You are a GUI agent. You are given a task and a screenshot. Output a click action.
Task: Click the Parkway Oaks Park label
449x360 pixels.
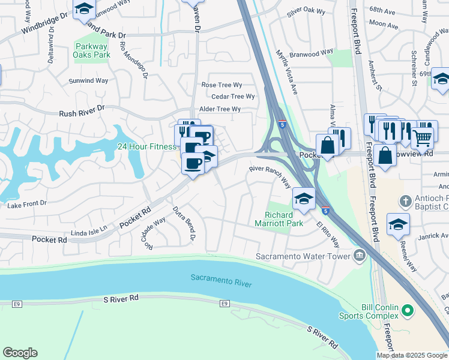click(91, 50)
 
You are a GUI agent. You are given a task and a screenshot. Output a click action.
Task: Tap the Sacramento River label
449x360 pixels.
click(221, 280)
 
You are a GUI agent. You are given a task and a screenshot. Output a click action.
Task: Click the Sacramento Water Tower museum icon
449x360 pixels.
click(360, 256)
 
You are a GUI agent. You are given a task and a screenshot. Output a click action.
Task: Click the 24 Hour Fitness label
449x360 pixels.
click(146, 146)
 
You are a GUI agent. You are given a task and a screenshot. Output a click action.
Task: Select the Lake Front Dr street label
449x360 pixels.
click(26, 204)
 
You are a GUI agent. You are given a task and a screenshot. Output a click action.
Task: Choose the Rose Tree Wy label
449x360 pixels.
click(222, 85)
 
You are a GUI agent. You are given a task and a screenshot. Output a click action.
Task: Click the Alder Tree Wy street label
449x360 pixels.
click(220, 109)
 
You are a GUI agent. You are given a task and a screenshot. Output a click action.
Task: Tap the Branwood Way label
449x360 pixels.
click(312, 52)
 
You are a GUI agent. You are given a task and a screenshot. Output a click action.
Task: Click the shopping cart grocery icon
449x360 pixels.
click(423, 137)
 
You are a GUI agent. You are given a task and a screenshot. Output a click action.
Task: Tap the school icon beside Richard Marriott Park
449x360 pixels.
click(304, 199)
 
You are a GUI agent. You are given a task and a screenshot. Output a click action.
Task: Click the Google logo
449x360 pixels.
click(20, 353)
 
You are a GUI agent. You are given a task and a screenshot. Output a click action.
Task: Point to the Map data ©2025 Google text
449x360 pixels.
click(412, 355)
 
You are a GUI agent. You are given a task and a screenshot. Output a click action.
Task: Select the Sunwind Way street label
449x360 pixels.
click(88, 80)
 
